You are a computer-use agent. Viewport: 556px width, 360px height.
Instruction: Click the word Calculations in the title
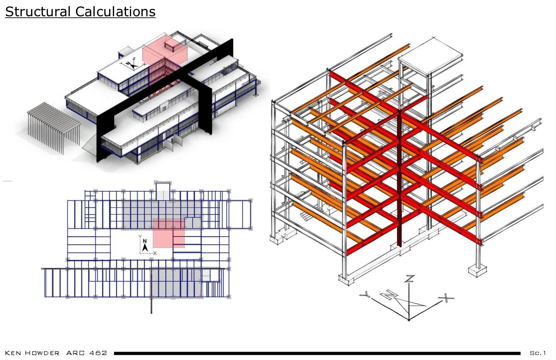click(115, 12)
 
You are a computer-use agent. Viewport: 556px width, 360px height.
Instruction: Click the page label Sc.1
click(538, 353)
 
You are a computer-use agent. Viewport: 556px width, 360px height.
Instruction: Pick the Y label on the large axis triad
click(365, 294)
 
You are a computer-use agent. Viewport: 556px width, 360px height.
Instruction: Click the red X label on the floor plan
click(155, 253)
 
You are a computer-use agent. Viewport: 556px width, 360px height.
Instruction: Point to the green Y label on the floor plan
click(140, 236)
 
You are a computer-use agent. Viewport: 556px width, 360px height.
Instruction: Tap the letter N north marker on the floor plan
click(145, 241)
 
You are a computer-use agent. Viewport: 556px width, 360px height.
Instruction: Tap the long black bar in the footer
click(317, 353)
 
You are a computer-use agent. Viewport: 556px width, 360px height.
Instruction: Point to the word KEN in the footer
click(13, 353)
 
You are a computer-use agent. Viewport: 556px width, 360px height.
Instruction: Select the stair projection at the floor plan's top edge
click(163, 191)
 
